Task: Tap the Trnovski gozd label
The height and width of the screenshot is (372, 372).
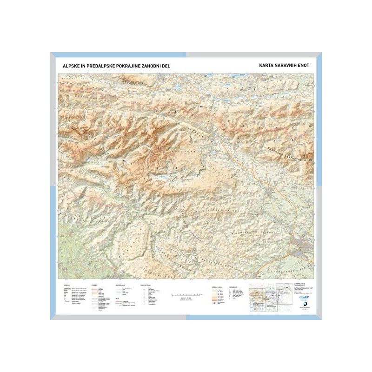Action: [153, 269]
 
